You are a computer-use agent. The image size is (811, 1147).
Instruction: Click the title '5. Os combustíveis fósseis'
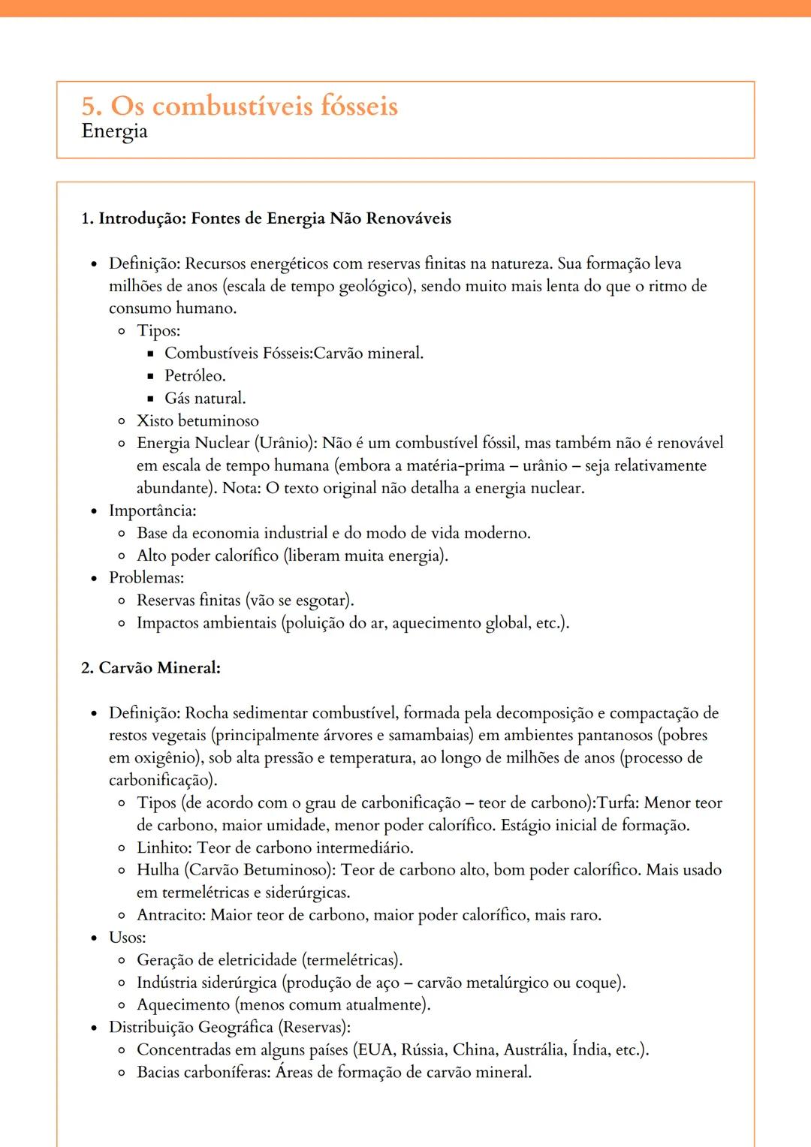click(x=240, y=106)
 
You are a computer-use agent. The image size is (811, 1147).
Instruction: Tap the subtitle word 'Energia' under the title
click(x=114, y=131)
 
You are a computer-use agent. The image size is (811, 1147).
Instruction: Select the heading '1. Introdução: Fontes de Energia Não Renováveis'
click(x=266, y=218)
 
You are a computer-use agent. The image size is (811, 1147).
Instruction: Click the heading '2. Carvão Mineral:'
click(x=150, y=668)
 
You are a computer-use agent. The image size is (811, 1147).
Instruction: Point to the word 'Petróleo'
click(x=194, y=375)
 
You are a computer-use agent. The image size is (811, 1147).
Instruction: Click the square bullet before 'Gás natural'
click(x=150, y=399)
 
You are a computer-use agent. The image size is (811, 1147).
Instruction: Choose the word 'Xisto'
click(x=155, y=420)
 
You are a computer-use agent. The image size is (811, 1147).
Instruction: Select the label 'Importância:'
click(x=152, y=510)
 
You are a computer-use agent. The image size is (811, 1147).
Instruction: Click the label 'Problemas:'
click(x=146, y=577)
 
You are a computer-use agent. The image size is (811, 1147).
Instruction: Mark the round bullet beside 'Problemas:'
click(x=94, y=578)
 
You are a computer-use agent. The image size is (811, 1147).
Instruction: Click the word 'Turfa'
click(x=617, y=802)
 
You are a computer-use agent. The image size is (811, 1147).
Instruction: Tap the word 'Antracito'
click(x=170, y=915)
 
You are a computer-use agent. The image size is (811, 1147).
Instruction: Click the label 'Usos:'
click(x=127, y=938)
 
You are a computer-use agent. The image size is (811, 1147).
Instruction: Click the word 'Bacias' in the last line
click(x=158, y=1072)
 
